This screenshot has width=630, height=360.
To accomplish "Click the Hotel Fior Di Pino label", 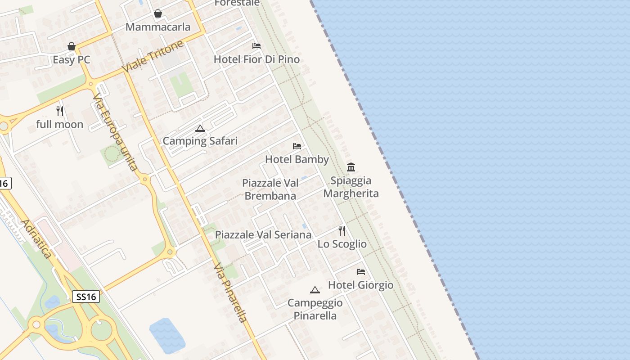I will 256,59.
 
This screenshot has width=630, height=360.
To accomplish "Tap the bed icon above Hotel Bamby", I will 297,146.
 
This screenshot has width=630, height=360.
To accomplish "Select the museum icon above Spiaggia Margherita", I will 351,167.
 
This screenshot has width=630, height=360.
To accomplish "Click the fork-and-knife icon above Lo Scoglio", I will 342,231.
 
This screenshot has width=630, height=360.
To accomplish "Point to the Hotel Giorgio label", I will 360,285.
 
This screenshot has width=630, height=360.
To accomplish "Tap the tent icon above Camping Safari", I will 200,129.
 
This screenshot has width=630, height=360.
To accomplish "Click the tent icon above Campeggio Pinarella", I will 315,290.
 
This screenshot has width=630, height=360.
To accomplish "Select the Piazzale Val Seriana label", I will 263,234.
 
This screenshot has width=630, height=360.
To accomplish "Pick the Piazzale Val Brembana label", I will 270,189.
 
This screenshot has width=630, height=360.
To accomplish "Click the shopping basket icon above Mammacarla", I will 158,14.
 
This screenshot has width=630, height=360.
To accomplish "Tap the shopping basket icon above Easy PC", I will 71,46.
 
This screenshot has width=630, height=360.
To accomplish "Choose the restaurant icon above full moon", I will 60,111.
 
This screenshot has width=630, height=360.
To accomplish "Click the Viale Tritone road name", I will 153,56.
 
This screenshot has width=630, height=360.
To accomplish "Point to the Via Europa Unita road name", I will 115,132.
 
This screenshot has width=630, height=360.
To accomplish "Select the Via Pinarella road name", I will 230,292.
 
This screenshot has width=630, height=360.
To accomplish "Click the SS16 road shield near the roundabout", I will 86,297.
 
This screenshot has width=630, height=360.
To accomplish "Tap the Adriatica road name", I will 36,238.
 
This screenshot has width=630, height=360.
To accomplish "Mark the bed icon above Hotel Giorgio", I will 360,272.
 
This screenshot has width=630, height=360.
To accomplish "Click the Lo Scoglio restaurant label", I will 342,244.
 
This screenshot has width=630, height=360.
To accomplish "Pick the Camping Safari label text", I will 200,141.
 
